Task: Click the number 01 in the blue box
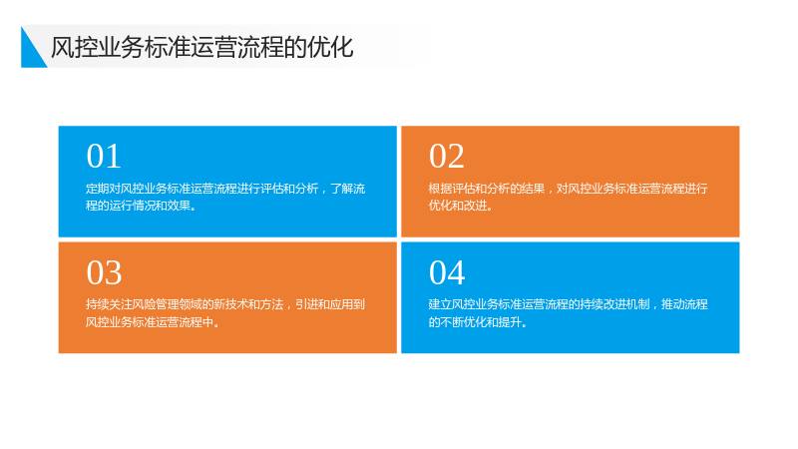tap(104, 156)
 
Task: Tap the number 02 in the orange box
tap(447, 156)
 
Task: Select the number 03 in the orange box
tap(104, 272)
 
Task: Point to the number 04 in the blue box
tap(447, 272)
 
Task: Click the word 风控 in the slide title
tap(74, 47)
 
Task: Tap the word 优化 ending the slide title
tap(330, 47)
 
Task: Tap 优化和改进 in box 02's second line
tap(458, 206)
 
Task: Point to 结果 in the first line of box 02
tap(534, 189)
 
